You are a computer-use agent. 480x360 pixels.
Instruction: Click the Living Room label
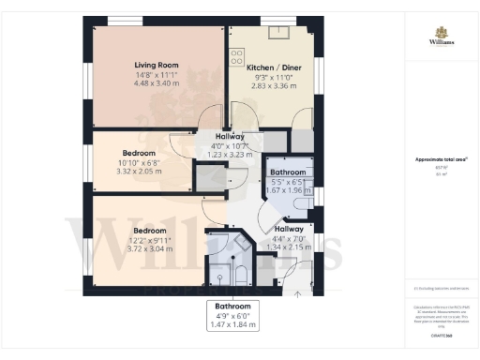(x=156, y=65)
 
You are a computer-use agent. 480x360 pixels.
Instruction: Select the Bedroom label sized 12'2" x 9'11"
(x=149, y=231)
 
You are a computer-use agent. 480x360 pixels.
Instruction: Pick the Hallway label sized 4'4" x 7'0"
(x=289, y=229)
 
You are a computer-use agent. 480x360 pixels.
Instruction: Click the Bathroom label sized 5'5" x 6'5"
(x=288, y=173)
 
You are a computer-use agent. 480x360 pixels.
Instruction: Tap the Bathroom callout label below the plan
(x=231, y=306)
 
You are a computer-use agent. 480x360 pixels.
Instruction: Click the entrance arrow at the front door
(x=299, y=293)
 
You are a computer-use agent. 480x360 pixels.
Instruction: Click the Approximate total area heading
(x=434, y=159)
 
